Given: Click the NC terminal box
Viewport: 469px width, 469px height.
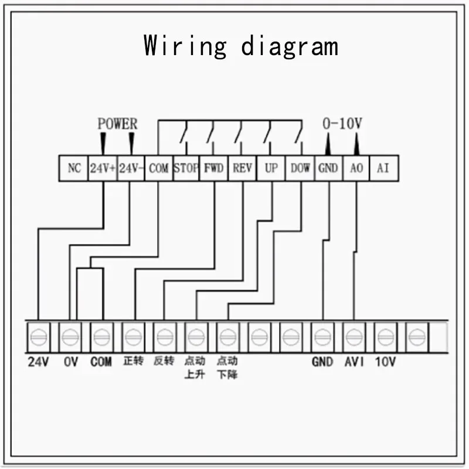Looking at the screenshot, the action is tap(74, 168).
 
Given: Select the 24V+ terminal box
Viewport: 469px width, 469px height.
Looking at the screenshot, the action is tap(103, 168).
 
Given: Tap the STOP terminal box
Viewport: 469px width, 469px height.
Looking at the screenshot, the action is tap(186, 168).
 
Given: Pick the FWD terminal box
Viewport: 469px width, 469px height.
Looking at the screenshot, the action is tap(213, 168).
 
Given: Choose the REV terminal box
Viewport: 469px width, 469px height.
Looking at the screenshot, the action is tap(242, 168).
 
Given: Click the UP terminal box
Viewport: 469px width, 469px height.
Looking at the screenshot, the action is tap(271, 168).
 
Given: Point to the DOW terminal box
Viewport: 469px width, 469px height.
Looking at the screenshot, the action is tap(300, 168).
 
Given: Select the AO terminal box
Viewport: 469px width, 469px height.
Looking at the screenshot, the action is tap(356, 168).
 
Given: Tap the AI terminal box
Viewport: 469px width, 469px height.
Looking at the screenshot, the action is tap(384, 168).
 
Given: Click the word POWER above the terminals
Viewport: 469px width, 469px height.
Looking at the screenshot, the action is tap(118, 124).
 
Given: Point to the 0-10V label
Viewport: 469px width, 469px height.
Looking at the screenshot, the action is tap(342, 124).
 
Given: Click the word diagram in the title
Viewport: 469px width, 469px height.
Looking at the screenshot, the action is tap(290, 46).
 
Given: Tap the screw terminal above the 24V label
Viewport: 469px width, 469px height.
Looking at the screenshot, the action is tap(39, 337).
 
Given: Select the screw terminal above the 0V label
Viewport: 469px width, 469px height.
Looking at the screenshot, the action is tap(70, 337).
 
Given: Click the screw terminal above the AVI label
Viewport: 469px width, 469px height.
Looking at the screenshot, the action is tap(354, 337).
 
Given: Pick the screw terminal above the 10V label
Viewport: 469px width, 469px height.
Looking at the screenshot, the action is tap(386, 337).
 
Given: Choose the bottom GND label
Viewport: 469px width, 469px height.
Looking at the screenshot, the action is tap(322, 362).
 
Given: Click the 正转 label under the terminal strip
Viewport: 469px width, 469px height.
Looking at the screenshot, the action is tap(134, 361).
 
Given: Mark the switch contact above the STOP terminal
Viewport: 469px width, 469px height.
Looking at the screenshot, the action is tap(183, 131).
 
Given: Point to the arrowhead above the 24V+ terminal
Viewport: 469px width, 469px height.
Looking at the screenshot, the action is tap(103, 144).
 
